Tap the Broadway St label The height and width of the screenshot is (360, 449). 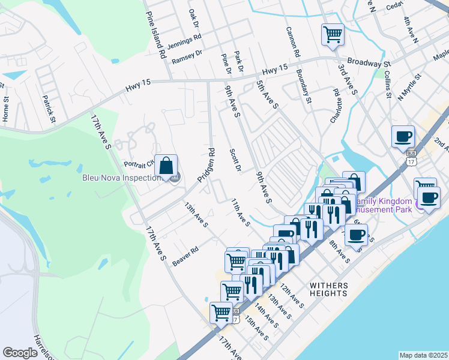click(370, 63)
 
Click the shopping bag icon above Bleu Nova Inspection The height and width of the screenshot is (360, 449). click(166, 166)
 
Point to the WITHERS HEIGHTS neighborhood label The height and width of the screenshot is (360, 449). click(328, 289)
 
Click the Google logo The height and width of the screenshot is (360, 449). click(20, 353)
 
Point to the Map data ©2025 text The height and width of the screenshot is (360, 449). click(423, 355)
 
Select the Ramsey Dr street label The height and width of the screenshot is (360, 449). click(188, 58)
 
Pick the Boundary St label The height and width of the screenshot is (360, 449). click(304, 89)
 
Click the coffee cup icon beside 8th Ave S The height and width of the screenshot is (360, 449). click(357, 234)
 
